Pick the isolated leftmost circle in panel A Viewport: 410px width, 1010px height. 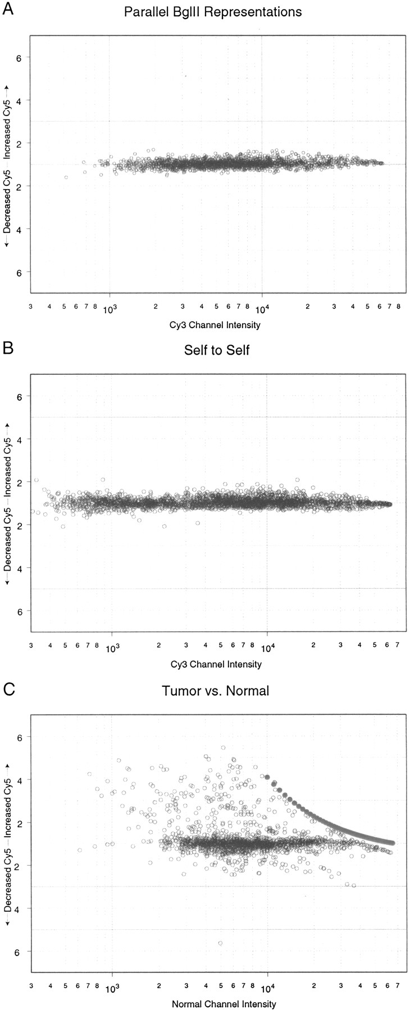tap(66, 177)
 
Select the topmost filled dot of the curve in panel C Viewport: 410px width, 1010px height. tap(267, 777)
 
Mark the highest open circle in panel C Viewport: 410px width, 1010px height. tap(223, 747)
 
